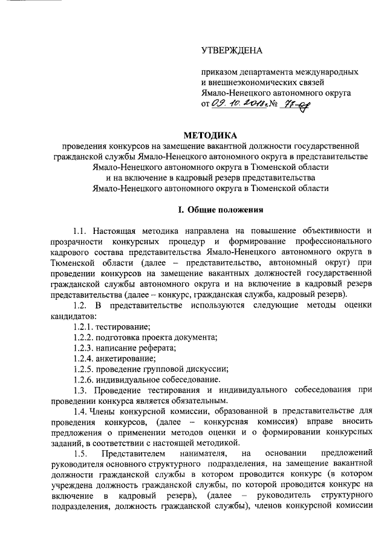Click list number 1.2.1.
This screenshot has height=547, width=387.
(83, 326)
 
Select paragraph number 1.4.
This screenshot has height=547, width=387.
(80, 412)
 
